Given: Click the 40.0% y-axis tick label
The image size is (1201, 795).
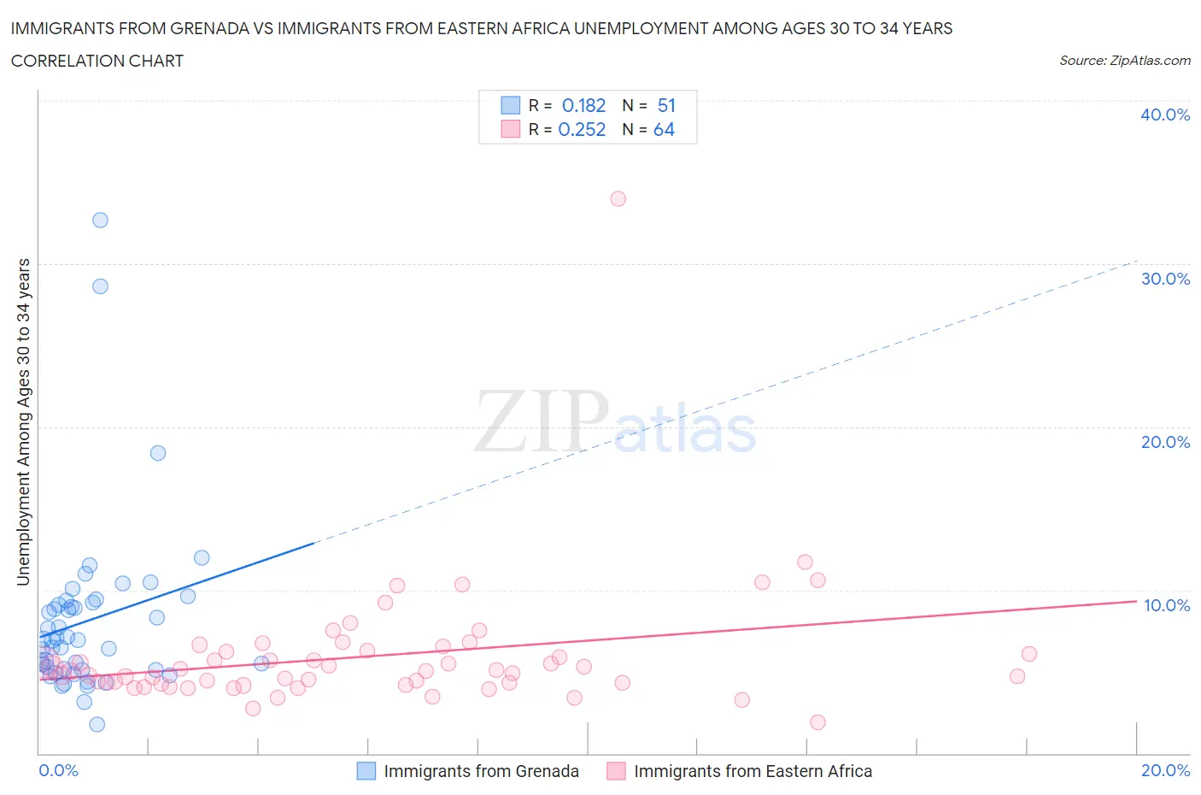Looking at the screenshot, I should [1164, 115].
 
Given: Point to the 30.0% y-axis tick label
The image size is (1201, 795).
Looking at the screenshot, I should [1164, 279].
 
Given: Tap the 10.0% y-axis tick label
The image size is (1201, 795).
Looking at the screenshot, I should [1166, 605].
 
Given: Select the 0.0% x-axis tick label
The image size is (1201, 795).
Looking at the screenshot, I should [58, 770].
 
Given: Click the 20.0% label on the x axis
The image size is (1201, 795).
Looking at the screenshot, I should [1165, 770].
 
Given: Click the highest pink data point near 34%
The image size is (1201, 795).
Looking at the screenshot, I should [618, 198].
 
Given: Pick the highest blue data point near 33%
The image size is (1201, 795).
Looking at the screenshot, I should [100, 220].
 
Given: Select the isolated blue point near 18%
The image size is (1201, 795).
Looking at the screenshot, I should [158, 453].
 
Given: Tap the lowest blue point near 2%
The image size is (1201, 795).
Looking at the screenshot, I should [97, 724].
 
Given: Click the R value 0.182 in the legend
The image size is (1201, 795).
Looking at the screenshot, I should [583, 105].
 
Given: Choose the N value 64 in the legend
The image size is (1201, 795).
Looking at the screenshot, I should [664, 129].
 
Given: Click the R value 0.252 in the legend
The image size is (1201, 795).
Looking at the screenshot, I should [582, 129].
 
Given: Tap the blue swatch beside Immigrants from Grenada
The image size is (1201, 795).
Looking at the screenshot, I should [366, 771].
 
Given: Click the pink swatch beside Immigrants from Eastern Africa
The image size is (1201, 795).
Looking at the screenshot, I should [616, 771].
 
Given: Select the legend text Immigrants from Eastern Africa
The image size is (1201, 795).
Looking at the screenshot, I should [753, 771].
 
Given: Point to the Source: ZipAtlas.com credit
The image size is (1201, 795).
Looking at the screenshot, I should [1124, 61].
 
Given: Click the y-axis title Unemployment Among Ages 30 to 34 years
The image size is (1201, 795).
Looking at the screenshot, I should [24, 421].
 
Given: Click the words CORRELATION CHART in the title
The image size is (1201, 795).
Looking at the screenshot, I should [97, 61].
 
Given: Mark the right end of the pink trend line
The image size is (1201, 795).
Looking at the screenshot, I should [1135, 601].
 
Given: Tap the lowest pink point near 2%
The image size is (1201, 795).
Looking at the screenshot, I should [817, 722].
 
